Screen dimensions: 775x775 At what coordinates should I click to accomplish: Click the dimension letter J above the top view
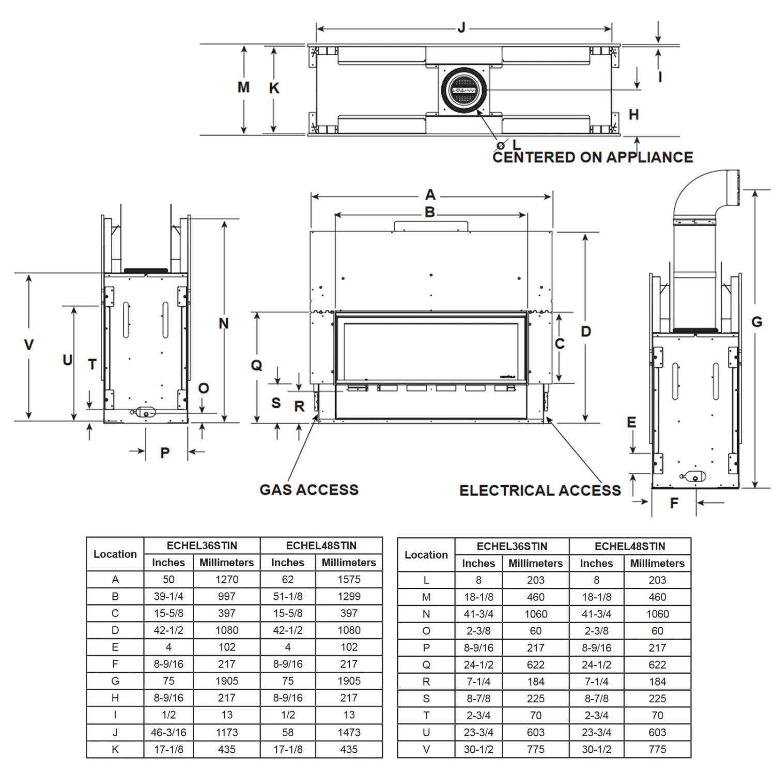(462, 28)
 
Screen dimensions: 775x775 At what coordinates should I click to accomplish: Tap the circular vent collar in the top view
(464, 90)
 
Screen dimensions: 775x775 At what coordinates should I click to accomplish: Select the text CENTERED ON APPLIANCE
(592, 157)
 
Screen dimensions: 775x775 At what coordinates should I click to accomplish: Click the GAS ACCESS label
(308, 490)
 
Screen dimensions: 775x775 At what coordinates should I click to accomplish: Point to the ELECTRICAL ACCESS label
(540, 490)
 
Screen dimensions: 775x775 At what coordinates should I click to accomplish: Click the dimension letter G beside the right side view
(756, 322)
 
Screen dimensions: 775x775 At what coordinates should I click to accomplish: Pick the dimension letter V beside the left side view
(29, 345)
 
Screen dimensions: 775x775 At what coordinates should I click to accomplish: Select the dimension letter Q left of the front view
(256, 365)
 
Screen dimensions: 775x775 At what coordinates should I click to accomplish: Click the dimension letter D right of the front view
(585, 332)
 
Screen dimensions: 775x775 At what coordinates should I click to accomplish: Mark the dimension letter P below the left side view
(165, 453)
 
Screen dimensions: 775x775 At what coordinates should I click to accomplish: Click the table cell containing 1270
(226, 579)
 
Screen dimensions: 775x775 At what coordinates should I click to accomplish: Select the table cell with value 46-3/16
(168, 732)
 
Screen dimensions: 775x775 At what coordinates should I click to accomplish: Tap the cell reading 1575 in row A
(349, 579)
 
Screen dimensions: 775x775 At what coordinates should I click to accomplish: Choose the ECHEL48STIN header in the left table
(321, 546)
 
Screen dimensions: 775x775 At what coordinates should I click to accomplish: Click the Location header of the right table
(426, 555)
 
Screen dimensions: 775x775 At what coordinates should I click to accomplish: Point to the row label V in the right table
(426, 749)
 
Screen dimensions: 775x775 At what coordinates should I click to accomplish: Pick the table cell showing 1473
(349, 732)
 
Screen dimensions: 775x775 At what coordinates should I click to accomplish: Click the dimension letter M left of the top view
(243, 87)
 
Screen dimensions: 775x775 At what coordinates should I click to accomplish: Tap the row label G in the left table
(115, 681)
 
